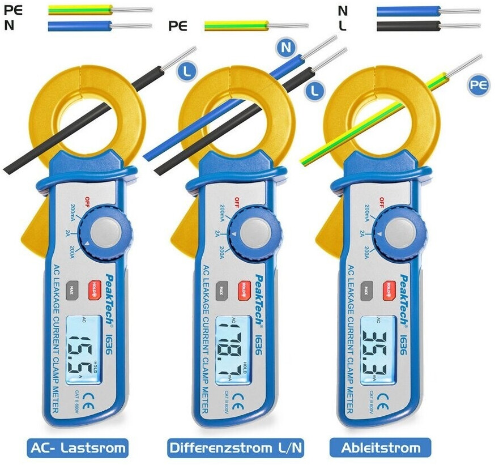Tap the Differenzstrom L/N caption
tap(236, 448)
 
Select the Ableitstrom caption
tap(381, 448)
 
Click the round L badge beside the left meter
tap(185, 71)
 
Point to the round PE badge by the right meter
tap(479, 86)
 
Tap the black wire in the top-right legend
tap(408, 25)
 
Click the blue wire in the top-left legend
tap(79, 25)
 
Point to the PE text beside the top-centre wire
tap(178, 26)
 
